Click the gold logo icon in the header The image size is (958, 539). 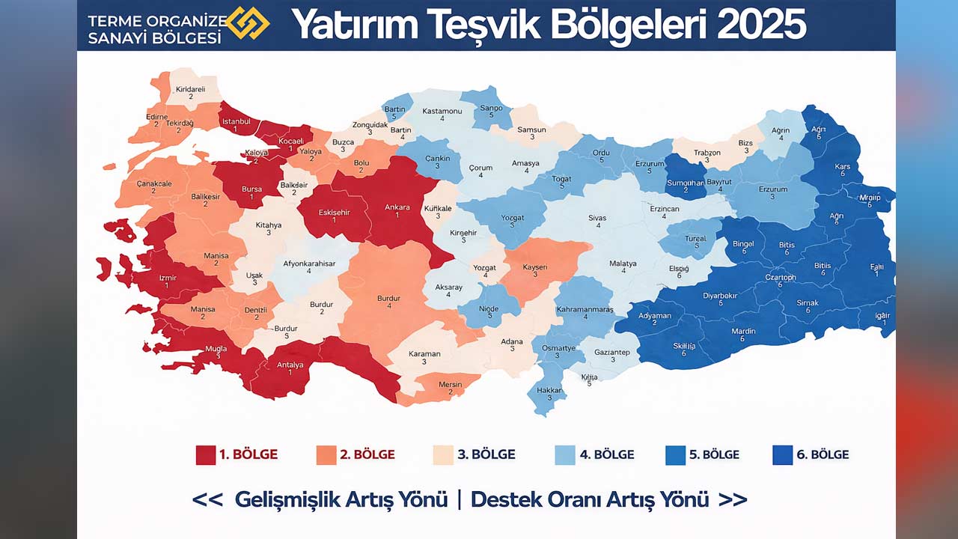click(x=247, y=23)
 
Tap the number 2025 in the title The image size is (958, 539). click(x=761, y=25)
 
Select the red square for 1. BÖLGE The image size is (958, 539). click(x=206, y=454)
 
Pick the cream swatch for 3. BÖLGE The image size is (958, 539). click(x=443, y=454)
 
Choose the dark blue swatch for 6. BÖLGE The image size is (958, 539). click(x=782, y=454)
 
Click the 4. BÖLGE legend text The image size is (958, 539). click(x=606, y=454)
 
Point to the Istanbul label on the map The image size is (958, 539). click(x=235, y=121)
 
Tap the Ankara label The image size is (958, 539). click(x=397, y=207)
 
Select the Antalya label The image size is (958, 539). click(x=290, y=365)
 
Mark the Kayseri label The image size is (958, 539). click(x=535, y=267)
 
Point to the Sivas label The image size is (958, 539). click(x=597, y=218)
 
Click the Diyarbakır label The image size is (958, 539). click(x=721, y=295)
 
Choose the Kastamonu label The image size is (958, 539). click(x=442, y=111)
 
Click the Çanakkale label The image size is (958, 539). click(x=154, y=183)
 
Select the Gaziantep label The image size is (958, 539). click(x=612, y=352)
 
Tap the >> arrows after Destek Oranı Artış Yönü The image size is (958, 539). click(x=732, y=499)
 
